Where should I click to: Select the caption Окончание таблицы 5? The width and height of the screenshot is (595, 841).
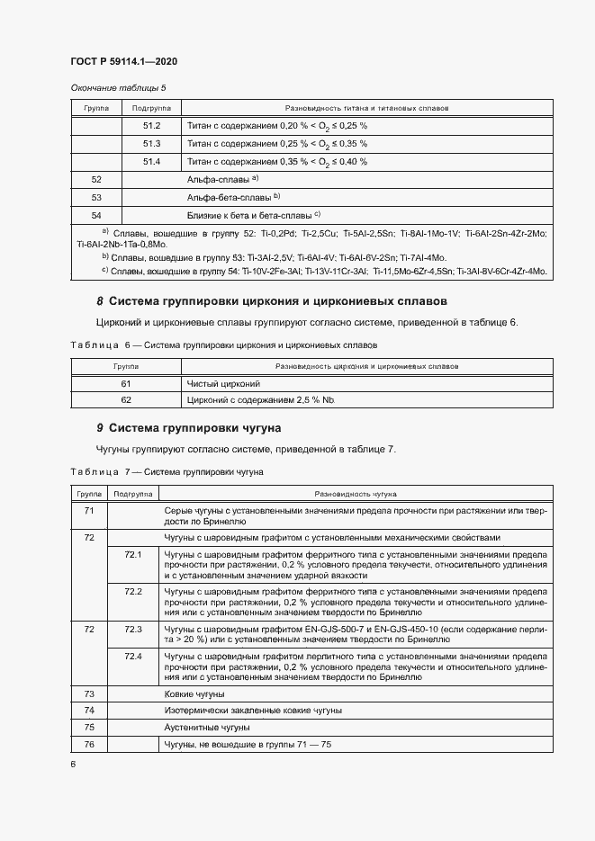pos(118,87)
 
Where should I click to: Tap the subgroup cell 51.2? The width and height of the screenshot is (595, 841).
pos(151,125)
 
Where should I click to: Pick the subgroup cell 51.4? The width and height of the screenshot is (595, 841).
pos(151,161)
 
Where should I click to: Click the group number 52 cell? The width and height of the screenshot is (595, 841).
pos(96,180)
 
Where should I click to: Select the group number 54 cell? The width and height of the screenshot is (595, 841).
pos(96,215)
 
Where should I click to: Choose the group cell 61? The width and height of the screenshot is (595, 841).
pos(125,383)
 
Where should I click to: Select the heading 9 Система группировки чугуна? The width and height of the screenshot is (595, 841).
pos(189,428)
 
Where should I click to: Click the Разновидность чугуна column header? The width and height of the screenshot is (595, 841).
pos(356,494)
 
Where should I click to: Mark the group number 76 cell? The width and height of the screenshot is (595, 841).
pos(89,743)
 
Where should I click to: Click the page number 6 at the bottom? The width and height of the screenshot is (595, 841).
pos(73,765)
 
